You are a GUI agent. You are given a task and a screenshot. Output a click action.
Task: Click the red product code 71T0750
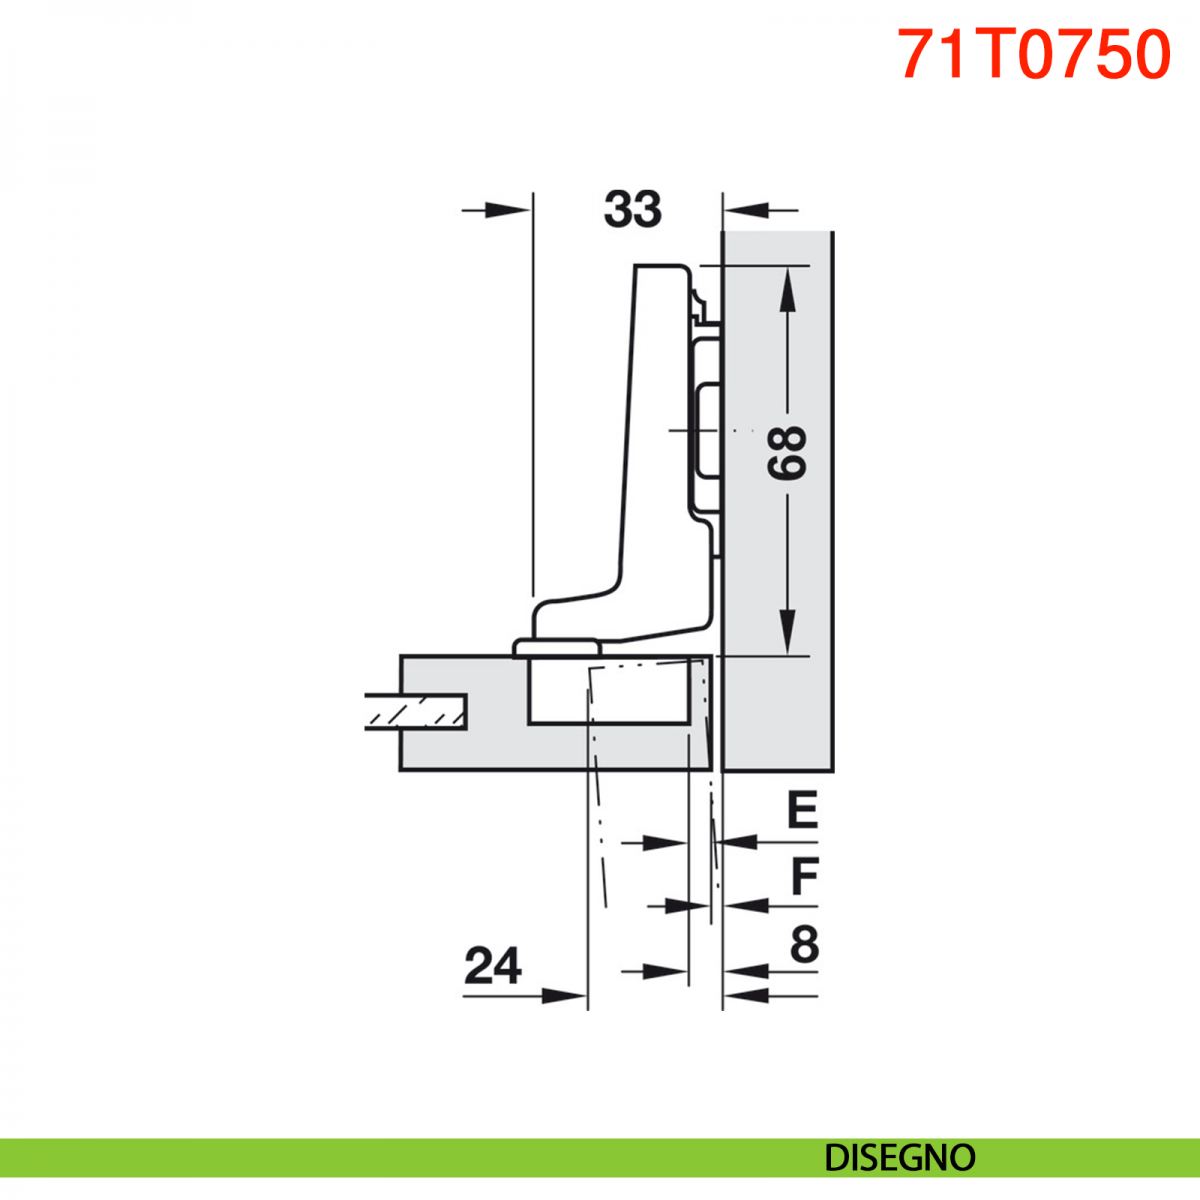(1034, 54)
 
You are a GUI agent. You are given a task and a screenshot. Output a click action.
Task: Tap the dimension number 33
(632, 209)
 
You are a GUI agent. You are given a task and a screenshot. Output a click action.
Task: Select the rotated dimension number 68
(787, 453)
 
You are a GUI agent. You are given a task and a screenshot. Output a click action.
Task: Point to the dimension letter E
(802, 810)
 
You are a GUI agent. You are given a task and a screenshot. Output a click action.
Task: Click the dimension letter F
(804, 875)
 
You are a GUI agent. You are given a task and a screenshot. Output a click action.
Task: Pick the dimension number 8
(805, 945)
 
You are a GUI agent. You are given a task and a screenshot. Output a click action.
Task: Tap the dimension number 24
(493, 965)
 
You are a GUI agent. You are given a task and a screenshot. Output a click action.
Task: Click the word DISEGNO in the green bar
(900, 1158)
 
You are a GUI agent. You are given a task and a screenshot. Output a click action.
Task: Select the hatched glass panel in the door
(415, 712)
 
